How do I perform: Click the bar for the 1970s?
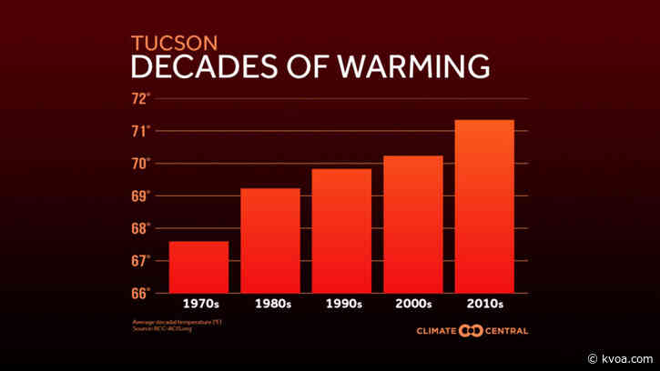click(198, 266)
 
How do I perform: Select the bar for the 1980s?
click(270, 240)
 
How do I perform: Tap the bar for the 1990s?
click(341, 230)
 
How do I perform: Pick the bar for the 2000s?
click(413, 224)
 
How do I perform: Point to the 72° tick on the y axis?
click(141, 98)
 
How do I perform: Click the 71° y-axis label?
click(141, 131)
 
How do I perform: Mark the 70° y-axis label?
click(141, 164)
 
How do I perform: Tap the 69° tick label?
click(141, 196)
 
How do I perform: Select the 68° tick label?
click(141, 228)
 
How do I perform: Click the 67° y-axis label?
click(141, 261)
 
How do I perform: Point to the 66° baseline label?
click(141, 293)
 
